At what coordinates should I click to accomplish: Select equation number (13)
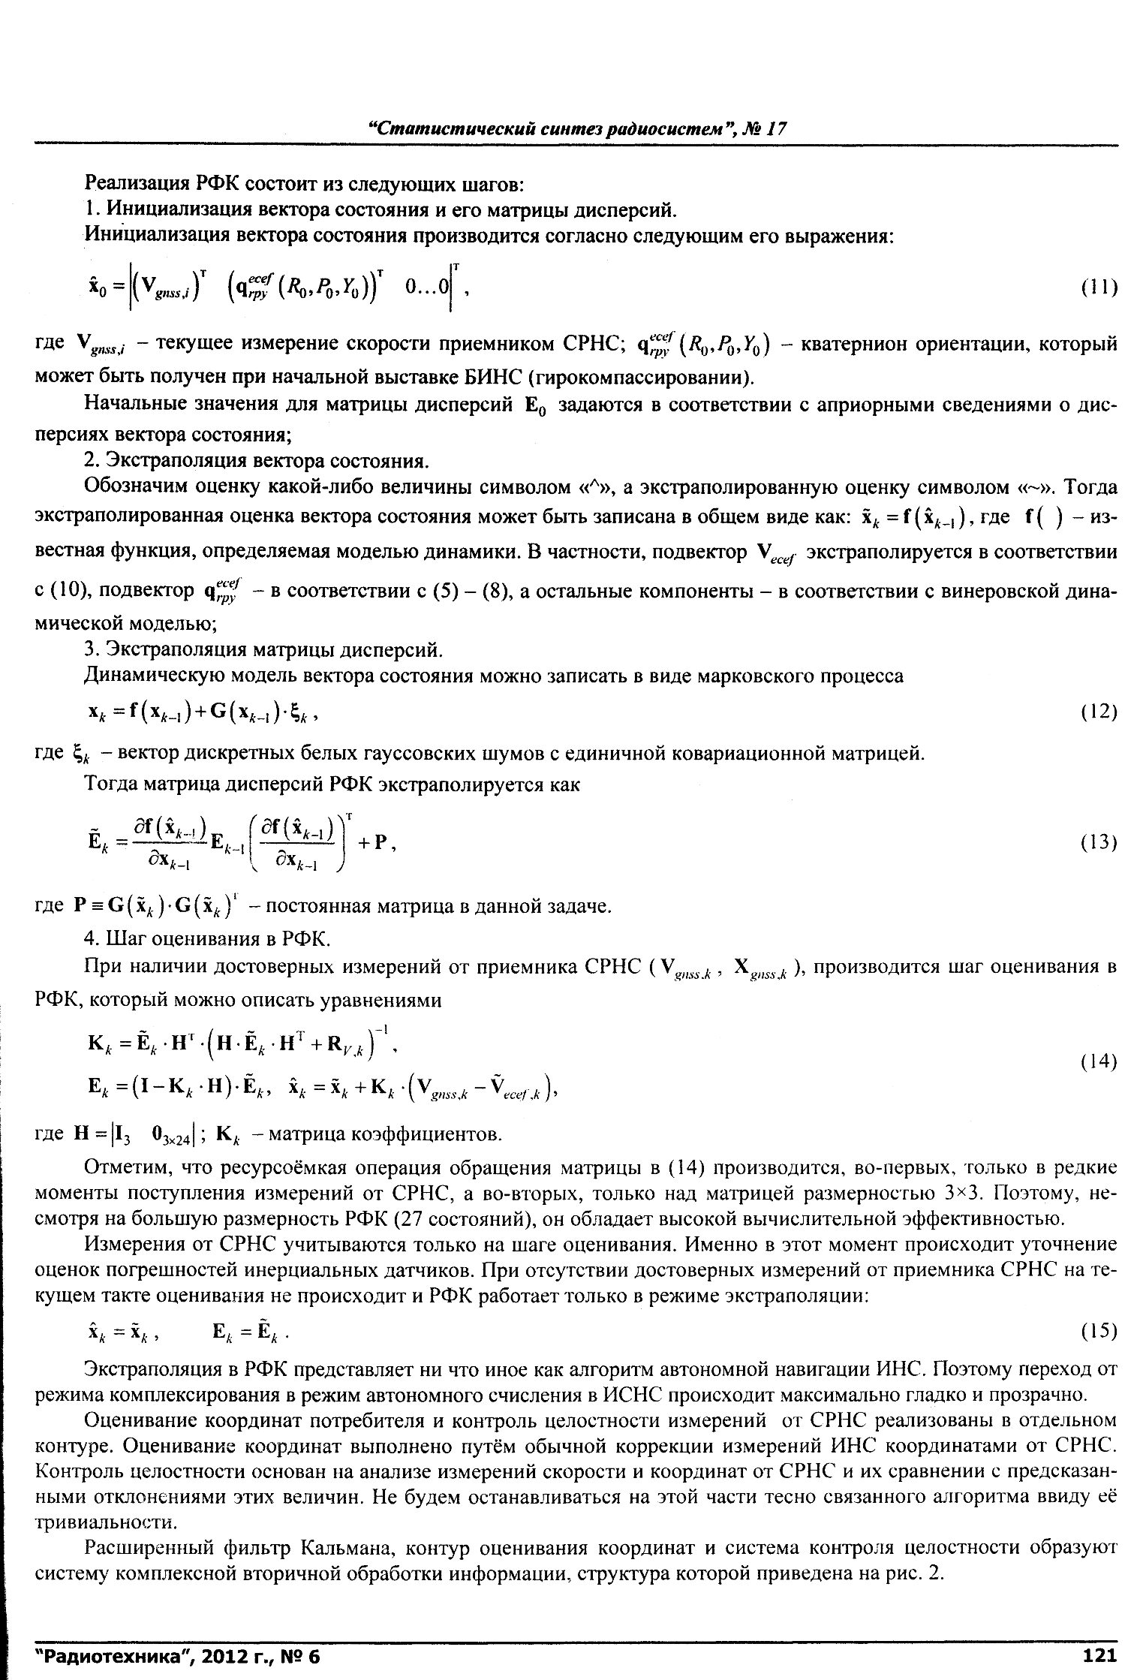point(1099,842)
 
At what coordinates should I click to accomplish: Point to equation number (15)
point(1099,1331)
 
